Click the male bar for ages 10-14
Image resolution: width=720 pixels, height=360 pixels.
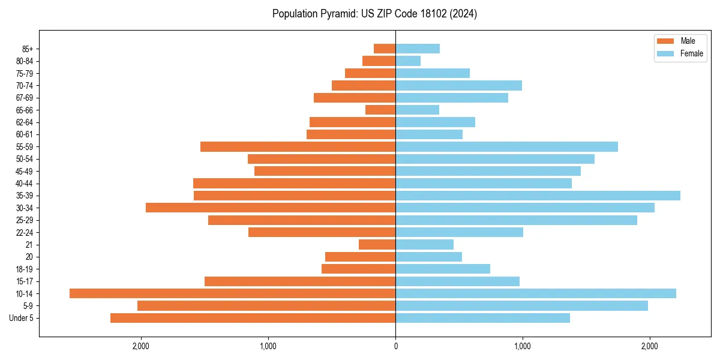point(232,293)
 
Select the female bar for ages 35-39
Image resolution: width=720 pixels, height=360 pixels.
point(538,196)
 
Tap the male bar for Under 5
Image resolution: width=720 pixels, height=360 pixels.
point(253,318)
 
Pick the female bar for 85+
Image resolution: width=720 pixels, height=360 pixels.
point(418,49)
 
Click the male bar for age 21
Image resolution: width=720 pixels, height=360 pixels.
point(377,245)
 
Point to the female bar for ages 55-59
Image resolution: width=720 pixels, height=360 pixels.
point(506,147)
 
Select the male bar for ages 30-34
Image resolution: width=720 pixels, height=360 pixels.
point(271,208)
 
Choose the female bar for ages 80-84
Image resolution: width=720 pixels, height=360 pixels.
point(408,61)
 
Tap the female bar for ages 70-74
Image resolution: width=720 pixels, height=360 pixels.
point(458,86)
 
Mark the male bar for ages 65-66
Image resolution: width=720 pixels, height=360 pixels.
point(380,110)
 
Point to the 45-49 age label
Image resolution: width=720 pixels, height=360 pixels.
point(25,172)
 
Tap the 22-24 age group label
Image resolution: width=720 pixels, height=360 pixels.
point(25,233)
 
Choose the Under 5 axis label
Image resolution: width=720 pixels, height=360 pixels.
point(22,318)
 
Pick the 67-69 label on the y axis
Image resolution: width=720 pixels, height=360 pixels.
point(25,98)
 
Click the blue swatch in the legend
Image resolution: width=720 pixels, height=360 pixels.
point(666,53)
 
